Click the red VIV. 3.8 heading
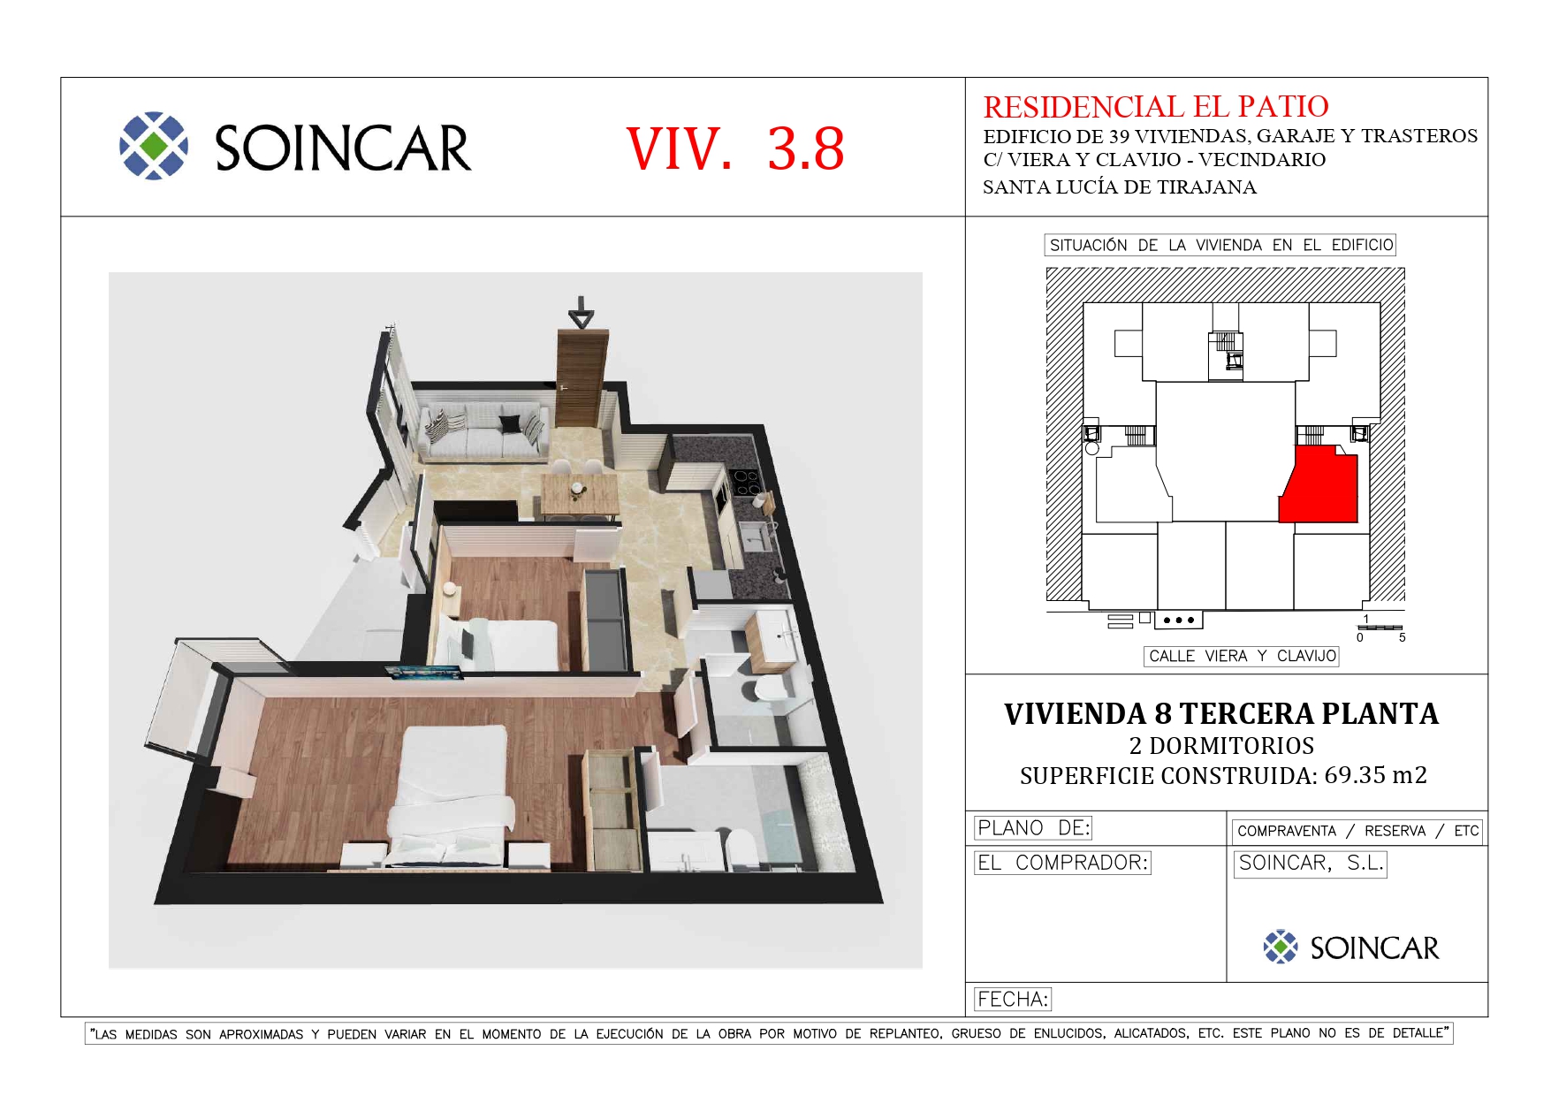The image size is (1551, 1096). point(735,148)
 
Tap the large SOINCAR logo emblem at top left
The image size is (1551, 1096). point(154,146)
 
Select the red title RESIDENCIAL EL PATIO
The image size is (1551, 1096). point(1156,107)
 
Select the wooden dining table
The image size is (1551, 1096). point(579,494)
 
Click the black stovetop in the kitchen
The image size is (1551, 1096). point(746,483)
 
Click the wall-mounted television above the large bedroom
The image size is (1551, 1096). point(426,674)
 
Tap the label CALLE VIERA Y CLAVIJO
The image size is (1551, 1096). point(1242,656)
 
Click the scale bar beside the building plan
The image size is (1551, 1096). point(1380,628)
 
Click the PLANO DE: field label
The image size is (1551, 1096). point(1033,828)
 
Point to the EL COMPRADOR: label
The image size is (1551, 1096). point(1062,863)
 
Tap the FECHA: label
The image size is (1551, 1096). point(1013,1000)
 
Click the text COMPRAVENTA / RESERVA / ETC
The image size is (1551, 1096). point(1357,831)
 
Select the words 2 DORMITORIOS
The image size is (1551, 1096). point(1221,746)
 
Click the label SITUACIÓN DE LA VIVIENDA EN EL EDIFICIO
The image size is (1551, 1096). point(1220,245)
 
